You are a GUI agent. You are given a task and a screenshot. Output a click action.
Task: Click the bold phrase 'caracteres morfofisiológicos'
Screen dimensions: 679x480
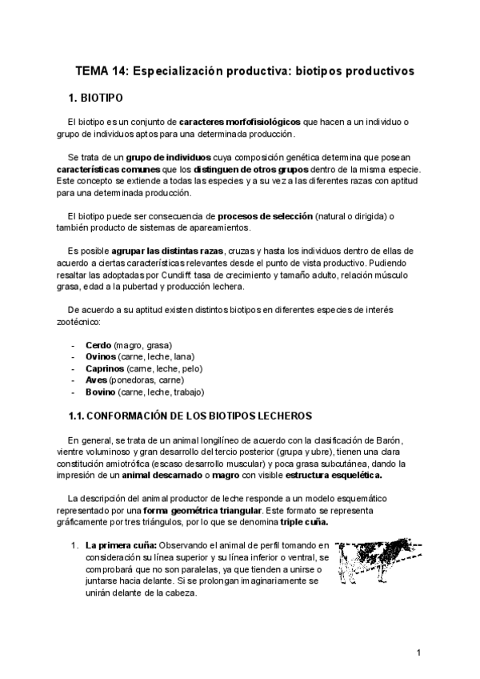[240, 122]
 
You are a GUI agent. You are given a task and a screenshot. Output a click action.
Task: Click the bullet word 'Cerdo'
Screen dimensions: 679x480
[98, 344]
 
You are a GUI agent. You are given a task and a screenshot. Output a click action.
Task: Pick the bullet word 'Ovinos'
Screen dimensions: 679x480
[100, 356]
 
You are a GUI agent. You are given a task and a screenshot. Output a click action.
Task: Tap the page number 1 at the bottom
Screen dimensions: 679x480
[418, 653]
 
